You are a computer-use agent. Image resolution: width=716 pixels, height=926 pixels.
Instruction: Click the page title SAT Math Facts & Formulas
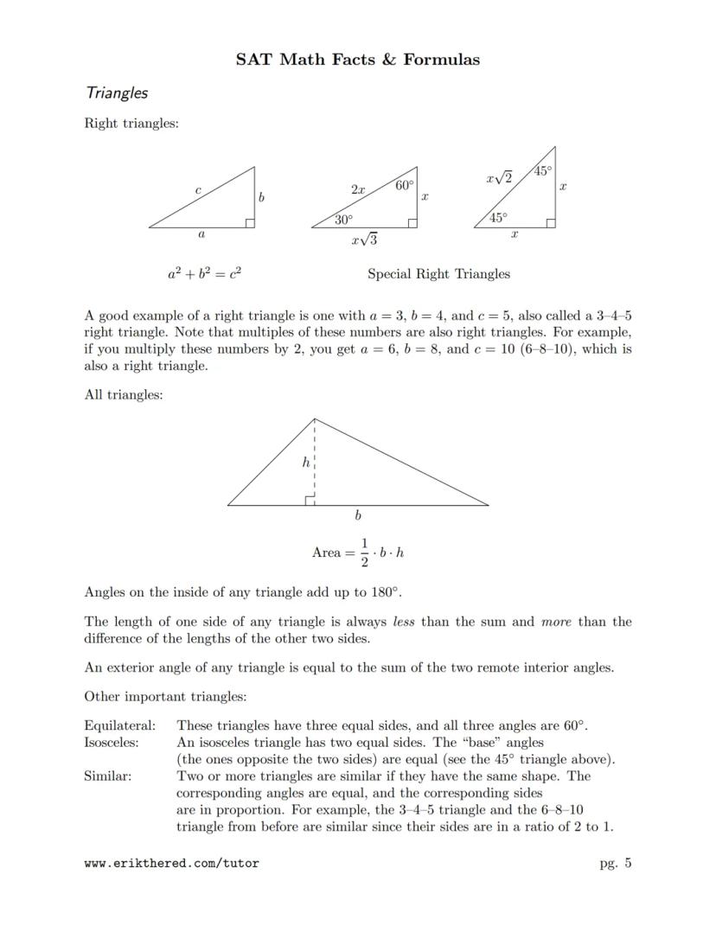(x=358, y=60)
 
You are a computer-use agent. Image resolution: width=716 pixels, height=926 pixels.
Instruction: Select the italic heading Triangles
(x=116, y=93)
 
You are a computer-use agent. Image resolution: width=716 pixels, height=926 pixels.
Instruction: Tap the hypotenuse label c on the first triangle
(x=198, y=188)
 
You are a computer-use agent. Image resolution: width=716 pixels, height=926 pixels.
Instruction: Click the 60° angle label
(x=404, y=184)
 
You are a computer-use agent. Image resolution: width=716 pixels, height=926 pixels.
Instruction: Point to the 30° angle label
(x=343, y=220)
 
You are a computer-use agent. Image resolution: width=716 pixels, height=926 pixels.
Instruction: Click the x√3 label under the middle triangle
(x=364, y=239)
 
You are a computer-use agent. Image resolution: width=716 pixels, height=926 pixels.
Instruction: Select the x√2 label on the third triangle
(x=499, y=178)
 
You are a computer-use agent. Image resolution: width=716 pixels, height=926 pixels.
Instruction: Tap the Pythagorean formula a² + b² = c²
(x=204, y=274)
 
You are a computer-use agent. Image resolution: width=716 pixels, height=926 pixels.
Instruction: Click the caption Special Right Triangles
(x=438, y=274)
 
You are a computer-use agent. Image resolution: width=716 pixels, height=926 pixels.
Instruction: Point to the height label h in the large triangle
(x=305, y=463)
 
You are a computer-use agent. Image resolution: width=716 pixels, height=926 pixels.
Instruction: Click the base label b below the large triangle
(x=358, y=516)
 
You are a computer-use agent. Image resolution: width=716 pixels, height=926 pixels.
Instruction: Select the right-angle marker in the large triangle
(x=310, y=499)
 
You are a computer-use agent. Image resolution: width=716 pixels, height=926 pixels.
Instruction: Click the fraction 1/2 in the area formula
(x=364, y=552)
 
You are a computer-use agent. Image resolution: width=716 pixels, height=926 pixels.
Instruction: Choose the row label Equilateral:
(x=120, y=725)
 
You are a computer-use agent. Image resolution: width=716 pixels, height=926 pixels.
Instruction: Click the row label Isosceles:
(x=112, y=742)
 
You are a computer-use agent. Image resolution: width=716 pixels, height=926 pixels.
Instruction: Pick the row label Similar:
(x=107, y=776)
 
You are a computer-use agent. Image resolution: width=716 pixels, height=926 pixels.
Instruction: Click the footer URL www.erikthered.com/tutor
(x=171, y=863)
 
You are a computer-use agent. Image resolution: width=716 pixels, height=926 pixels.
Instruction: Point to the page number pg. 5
(x=615, y=862)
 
